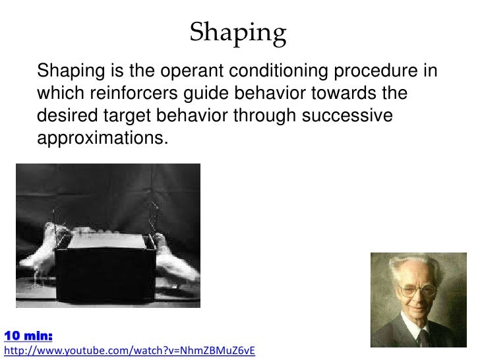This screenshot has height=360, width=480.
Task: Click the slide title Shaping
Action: pos(238,32)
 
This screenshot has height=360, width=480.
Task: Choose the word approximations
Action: pos(104,138)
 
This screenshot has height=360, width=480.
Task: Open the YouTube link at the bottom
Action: pos(129,350)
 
